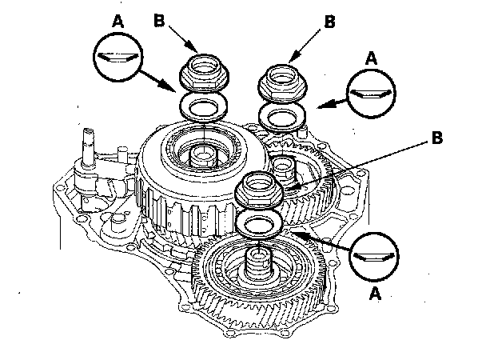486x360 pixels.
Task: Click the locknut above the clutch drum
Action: (x=201, y=73)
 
